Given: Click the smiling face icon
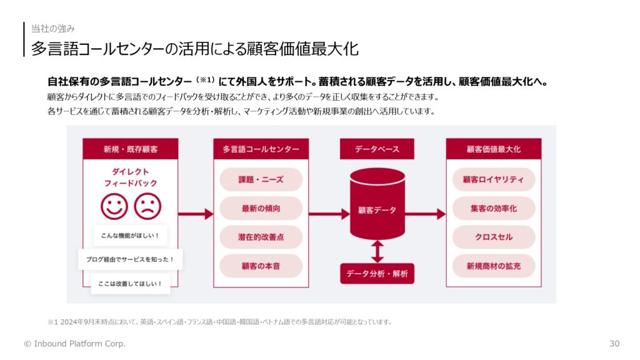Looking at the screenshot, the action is [114, 206].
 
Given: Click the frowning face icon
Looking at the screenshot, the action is [147, 206].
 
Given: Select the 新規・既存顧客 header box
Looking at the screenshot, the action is [130, 149].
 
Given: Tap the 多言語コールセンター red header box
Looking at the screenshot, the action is [261, 149].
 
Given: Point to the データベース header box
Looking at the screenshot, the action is [377, 149].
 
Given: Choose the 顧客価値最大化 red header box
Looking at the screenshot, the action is [494, 149].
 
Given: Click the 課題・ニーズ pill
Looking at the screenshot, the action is [261, 179].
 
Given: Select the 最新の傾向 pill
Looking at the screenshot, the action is [261, 209].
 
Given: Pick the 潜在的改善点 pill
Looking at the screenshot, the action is [261, 237].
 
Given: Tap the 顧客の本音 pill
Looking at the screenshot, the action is [261, 266].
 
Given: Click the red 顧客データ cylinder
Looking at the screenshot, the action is [377, 204].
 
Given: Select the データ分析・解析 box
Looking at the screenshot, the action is [377, 274].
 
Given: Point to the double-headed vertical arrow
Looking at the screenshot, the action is [377, 251].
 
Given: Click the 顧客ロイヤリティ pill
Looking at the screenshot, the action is [494, 179].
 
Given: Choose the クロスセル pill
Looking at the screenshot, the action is [494, 237].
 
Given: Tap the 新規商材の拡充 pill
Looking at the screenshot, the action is [494, 266].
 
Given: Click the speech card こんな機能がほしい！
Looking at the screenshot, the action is [130, 236].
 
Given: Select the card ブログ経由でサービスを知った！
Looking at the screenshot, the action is [130, 259].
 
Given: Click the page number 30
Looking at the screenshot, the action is [614, 344].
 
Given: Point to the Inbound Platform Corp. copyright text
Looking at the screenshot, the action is [75, 344].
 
